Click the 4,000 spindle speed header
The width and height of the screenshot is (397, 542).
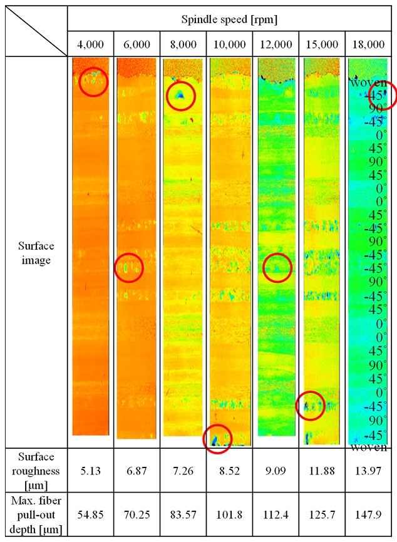pos(91,44)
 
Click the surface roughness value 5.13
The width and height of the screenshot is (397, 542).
pos(91,469)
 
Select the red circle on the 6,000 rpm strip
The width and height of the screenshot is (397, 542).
pos(130,268)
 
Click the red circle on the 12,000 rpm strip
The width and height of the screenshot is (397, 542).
pos(277,268)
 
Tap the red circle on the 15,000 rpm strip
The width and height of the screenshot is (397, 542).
pos(310,406)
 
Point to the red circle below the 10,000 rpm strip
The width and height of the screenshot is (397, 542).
pos(218,437)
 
